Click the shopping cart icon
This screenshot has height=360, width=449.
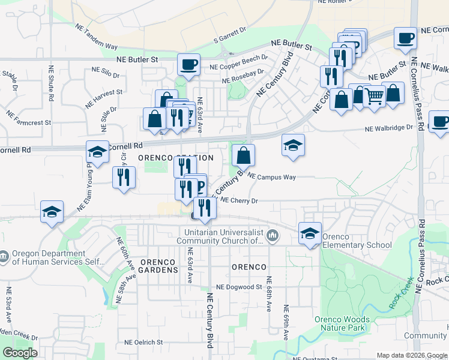pyautogui.click(x=374, y=96)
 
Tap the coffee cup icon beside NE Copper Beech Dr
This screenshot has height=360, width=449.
pyautogui.click(x=188, y=64)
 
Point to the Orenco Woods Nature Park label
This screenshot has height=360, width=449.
pyautogui.click(x=340, y=324)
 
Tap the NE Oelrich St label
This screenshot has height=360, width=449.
pyautogui.click(x=143, y=342)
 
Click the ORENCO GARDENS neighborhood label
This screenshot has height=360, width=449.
pyautogui.click(x=159, y=266)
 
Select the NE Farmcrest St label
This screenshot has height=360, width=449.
pyautogui.click(x=29, y=118)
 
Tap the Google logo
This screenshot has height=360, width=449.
pyautogui.click(x=20, y=353)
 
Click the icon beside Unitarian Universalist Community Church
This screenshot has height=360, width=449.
pyautogui.click(x=273, y=235)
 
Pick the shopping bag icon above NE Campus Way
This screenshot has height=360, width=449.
pyautogui.click(x=243, y=155)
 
